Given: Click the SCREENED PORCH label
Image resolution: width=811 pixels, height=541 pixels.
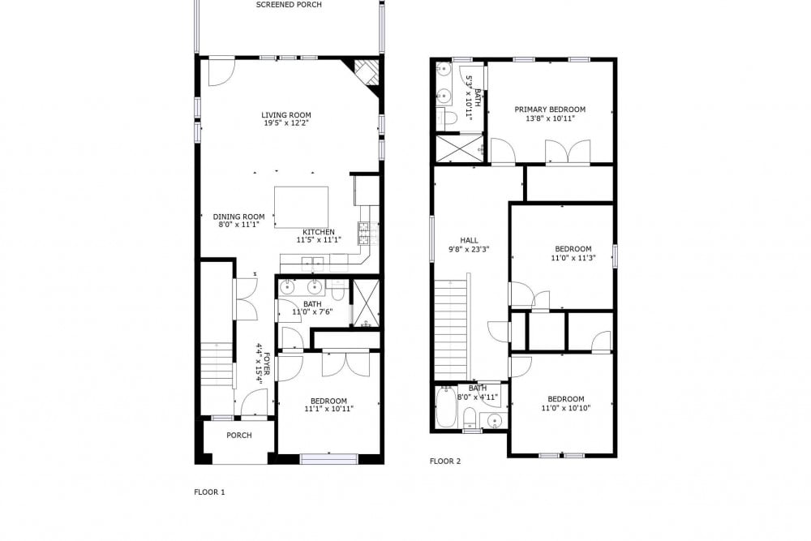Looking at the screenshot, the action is click(290, 5).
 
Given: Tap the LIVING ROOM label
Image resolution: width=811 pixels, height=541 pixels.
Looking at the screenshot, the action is click(286, 115).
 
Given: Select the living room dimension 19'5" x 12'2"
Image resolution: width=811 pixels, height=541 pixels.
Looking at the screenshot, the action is click(286, 123).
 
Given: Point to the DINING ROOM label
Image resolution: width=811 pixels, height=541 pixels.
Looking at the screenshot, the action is click(238, 217).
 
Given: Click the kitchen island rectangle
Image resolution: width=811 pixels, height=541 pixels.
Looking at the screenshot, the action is click(301, 207).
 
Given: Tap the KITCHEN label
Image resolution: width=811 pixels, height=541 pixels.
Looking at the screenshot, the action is click(319, 232).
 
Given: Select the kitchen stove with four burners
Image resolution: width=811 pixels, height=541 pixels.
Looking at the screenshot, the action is click(363, 233).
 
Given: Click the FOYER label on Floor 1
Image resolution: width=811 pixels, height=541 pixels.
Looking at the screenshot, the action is click(267, 364).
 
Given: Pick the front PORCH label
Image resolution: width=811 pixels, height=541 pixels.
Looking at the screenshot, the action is click(239, 436).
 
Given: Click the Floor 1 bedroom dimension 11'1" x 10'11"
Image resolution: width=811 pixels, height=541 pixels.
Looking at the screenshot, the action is click(329, 409).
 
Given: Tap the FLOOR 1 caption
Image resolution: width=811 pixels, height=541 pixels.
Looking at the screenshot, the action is click(209, 492).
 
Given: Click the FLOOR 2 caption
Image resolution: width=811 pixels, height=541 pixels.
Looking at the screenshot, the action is click(444, 462).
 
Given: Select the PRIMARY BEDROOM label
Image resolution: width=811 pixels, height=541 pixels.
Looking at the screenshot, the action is click(550, 109).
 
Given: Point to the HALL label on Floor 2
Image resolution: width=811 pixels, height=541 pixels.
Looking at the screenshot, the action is click(469, 241).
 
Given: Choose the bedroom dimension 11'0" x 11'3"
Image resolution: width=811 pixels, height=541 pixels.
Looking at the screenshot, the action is click(573, 257).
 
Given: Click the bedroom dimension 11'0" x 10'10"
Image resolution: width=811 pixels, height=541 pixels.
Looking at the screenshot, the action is click(566, 407).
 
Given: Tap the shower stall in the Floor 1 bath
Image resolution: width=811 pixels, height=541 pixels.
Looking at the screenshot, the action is click(367, 303).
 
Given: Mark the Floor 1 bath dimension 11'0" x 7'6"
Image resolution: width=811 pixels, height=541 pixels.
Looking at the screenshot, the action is click(312, 312).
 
